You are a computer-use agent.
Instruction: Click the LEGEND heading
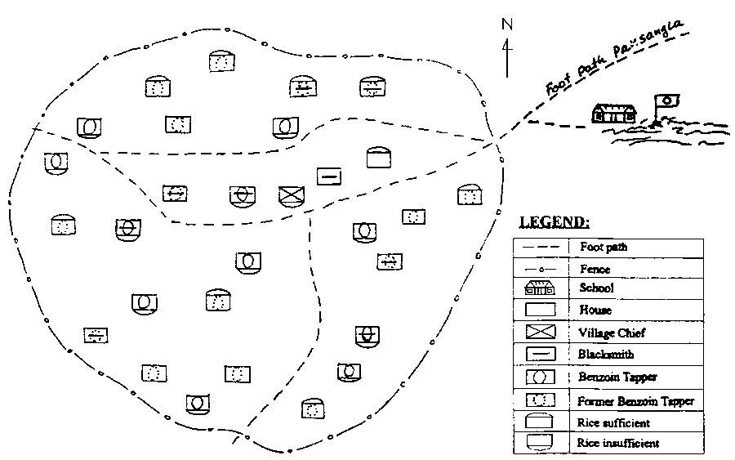[x=555, y=221]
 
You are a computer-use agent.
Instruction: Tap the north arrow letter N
[x=507, y=25]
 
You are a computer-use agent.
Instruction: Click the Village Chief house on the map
[x=291, y=195]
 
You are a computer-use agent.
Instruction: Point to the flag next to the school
[x=667, y=101]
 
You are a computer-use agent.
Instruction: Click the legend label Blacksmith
[x=605, y=355]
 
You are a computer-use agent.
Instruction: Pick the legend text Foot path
[x=603, y=246]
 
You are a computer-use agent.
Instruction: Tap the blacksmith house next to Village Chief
[x=328, y=176]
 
